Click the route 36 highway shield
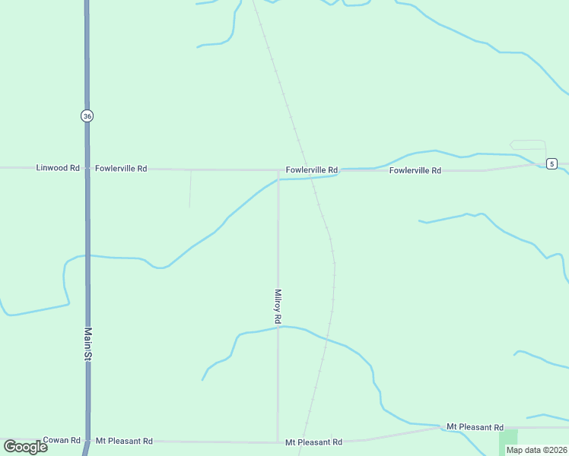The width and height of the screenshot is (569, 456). click(x=87, y=116)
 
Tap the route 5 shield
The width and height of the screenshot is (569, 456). click(x=552, y=163)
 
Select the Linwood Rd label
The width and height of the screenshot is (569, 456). click(x=58, y=168)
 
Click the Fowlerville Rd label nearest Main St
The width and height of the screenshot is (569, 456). click(x=121, y=168)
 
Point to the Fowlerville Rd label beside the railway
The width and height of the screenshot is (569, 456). click(x=312, y=170)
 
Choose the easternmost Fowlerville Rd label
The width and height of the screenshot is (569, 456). click(x=415, y=171)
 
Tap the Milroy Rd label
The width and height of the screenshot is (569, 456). click(x=278, y=307)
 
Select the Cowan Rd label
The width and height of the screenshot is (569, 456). click(x=62, y=440)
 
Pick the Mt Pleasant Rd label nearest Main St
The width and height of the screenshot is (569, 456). click(x=124, y=441)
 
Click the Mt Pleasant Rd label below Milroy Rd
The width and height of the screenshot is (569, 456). click(x=313, y=442)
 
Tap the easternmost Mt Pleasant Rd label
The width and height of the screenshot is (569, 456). click(x=475, y=427)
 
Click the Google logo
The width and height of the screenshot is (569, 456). click(x=25, y=447)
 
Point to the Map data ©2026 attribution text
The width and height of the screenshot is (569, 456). click(x=536, y=450)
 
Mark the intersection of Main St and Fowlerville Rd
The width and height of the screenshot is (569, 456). click(x=87, y=168)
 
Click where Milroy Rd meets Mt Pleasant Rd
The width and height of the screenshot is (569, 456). click(x=278, y=442)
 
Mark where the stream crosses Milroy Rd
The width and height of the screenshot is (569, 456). click(x=278, y=327)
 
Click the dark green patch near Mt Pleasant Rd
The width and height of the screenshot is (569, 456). click(x=507, y=442)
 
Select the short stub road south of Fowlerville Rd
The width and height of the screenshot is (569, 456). click(x=190, y=188)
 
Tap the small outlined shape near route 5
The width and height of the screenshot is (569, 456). click(x=528, y=145)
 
